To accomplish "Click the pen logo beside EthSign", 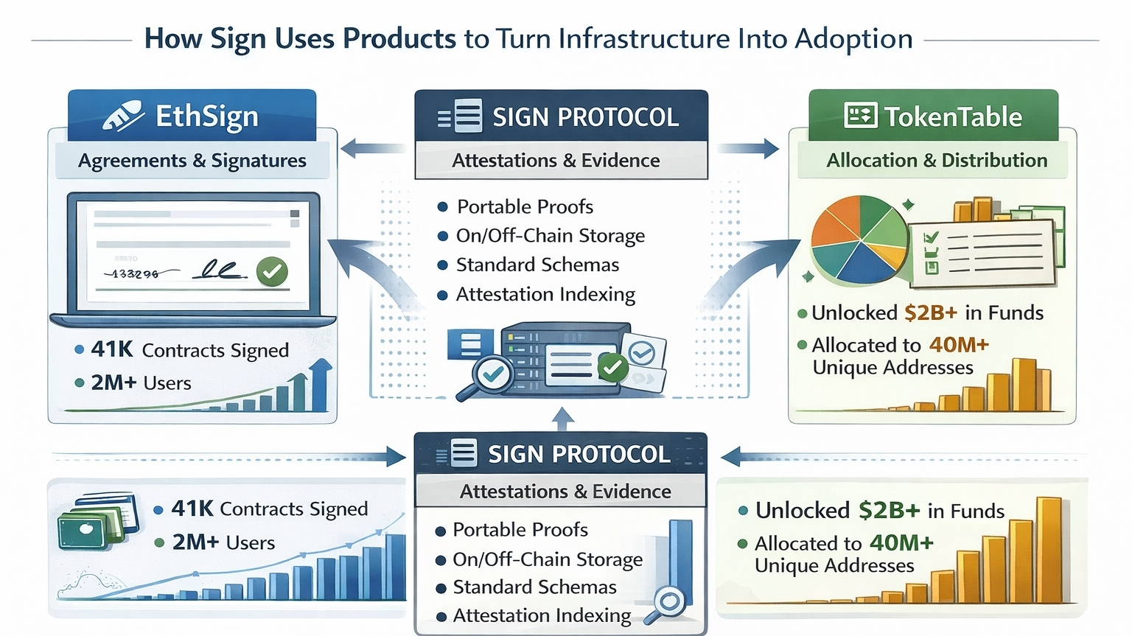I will click(122, 116).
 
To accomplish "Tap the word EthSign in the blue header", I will click(207, 116).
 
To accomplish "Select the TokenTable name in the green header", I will click(953, 116).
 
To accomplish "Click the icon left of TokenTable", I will click(860, 116).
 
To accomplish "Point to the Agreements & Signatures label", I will click(192, 161).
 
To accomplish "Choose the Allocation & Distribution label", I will click(937, 160).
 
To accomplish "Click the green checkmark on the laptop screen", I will click(272, 271).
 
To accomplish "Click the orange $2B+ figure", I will click(930, 312).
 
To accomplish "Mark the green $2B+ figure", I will click(889, 510).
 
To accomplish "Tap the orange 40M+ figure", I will click(958, 344).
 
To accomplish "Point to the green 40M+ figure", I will click(901, 542).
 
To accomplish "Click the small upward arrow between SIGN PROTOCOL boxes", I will click(563, 419).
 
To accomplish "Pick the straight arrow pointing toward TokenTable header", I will click(749, 148).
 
